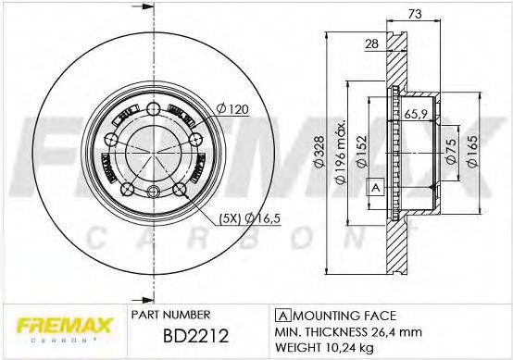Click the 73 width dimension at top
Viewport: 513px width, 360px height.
(x=414, y=14)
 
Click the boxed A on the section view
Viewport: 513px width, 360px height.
(x=375, y=188)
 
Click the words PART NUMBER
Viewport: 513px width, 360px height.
(x=166, y=314)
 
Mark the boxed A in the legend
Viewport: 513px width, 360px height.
(x=279, y=314)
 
